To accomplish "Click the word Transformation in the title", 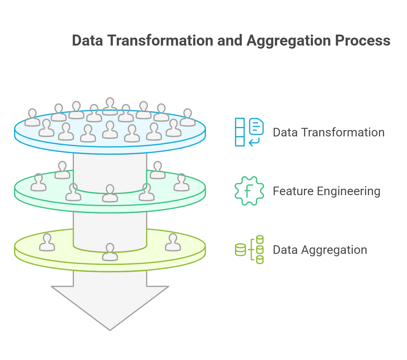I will [160, 41].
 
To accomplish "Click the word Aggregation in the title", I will [288, 41].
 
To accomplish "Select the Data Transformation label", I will [328, 132].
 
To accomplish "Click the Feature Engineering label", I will [326, 191].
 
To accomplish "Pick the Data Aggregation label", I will [320, 250].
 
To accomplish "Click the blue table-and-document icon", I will [249, 132].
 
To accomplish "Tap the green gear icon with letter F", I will [249, 191].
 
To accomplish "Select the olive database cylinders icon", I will [249, 250].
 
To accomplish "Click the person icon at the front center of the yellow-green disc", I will [110, 252].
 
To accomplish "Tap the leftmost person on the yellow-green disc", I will [47, 243].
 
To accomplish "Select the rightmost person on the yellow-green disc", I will [173, 243].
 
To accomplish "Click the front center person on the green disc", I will [110, 194].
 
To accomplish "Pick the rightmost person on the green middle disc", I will [182, 183].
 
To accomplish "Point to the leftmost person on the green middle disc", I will [38, 183].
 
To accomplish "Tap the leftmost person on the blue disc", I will [32, 118].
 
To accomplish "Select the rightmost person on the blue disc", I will [188, 118].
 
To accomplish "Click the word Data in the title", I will [87, 41].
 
